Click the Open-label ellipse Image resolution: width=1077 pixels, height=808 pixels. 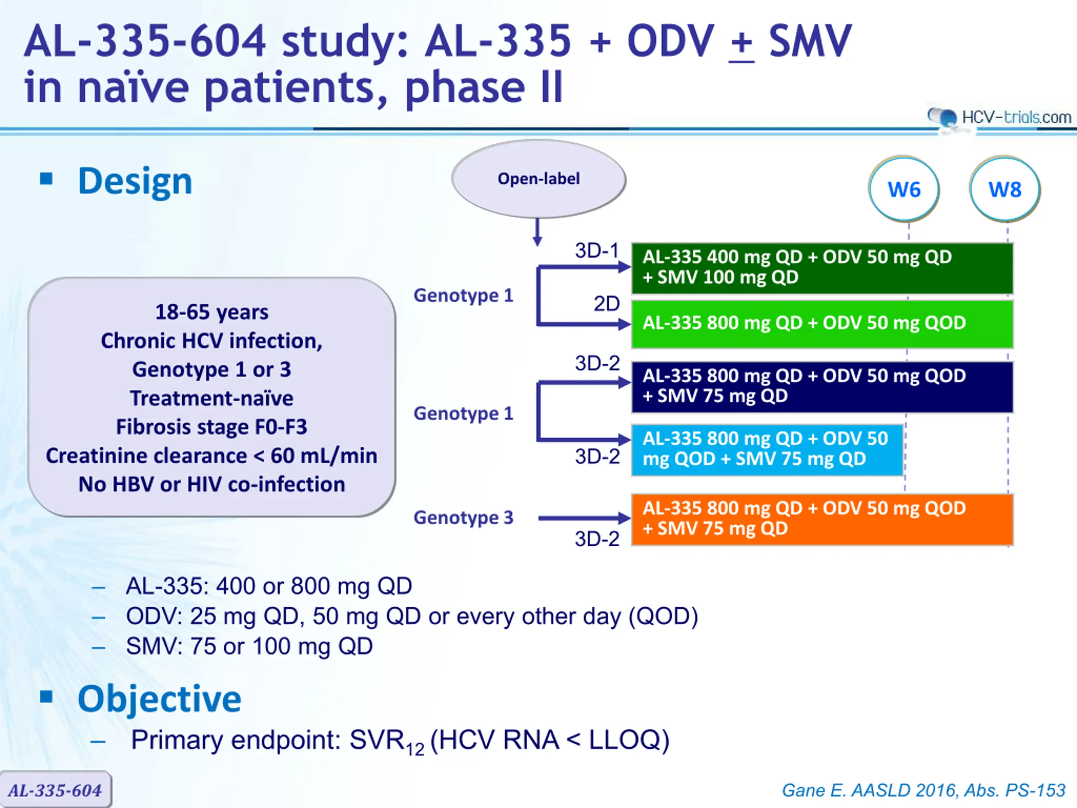point(538,179)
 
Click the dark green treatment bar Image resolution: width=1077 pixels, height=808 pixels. point(822,268)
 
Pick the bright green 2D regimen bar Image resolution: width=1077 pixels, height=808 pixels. point(822,324)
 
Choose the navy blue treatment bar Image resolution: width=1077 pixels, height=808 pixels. point(822,387)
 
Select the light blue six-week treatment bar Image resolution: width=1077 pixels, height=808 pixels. point(767,449)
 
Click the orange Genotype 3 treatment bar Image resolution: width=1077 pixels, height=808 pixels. point(822,519)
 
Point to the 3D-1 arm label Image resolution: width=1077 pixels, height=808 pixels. point(597,251)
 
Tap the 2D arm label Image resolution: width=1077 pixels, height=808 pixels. point(606,304)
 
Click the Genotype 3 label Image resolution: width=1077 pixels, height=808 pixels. point(464,517)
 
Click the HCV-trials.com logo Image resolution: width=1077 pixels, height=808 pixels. point(999,117)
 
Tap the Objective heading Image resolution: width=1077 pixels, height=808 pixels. point(159,699)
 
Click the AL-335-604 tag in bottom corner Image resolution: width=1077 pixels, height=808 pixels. point(56,789)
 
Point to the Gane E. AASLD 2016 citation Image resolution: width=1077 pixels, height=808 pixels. point(923,790)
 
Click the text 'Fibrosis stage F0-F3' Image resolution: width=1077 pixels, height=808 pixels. point(212,427)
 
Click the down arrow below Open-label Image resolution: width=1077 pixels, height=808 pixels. point(538,232)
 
